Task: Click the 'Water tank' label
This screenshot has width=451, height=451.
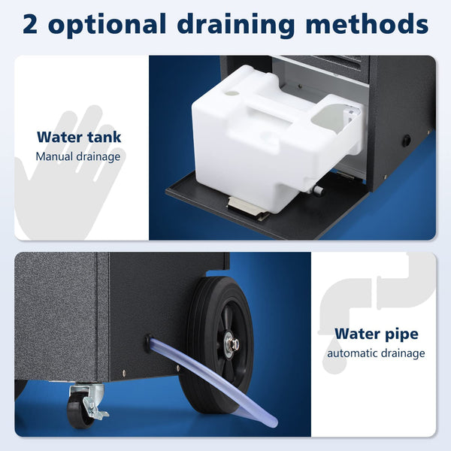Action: click(79, 138)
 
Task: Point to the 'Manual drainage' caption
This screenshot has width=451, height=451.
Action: click(78, 157)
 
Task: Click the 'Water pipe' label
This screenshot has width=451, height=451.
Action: click(376, 333)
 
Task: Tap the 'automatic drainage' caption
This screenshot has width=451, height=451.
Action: click(376, 353)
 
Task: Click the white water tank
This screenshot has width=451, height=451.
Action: click(271, 139)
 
